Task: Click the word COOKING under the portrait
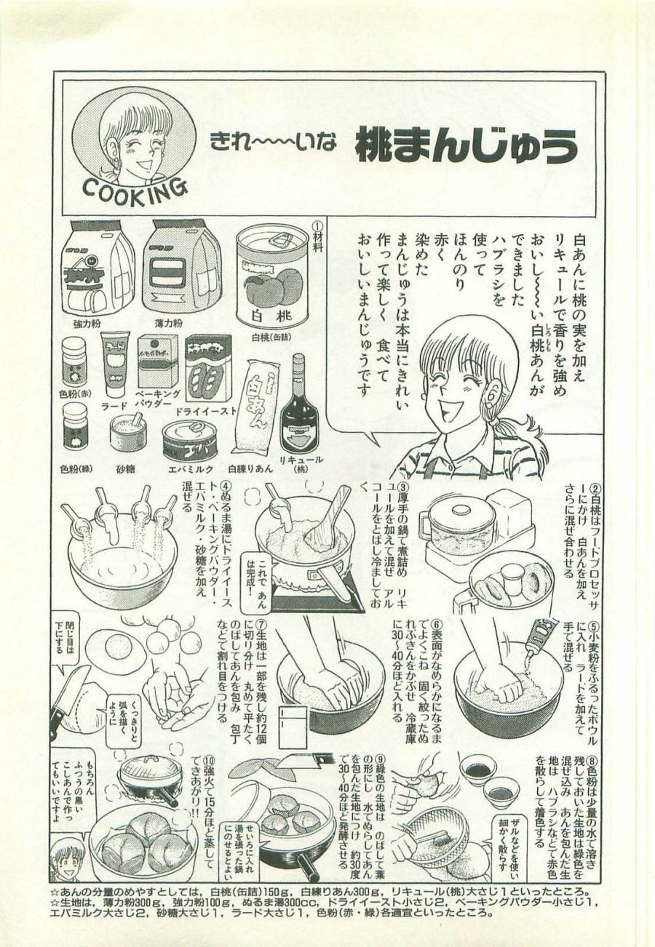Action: [x=135, y=190]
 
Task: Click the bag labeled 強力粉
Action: [x=97, y=269]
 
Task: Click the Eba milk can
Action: [x=189, y=439]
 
